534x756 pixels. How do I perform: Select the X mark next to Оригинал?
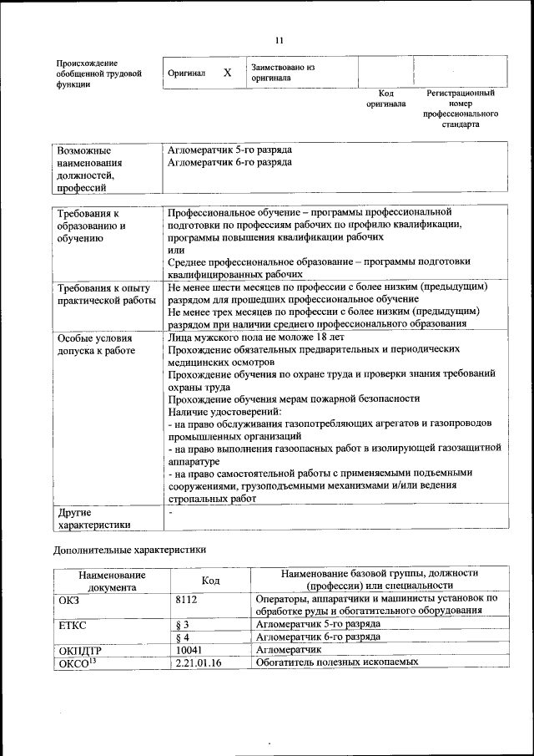coord(227,74)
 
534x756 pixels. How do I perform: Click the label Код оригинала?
coord(385,99)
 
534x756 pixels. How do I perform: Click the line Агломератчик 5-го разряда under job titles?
coord(229,150)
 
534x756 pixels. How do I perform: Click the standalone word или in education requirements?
coord(175,250)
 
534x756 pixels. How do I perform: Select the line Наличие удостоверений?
coord(224,411)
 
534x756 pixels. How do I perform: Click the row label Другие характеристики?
coord(93,518)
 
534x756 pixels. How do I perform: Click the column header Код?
coord(211,581)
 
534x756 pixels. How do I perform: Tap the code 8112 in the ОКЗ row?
coord(187,599)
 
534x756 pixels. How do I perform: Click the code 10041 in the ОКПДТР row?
coord(189,649)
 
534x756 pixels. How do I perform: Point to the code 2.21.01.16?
coord(198,662)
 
